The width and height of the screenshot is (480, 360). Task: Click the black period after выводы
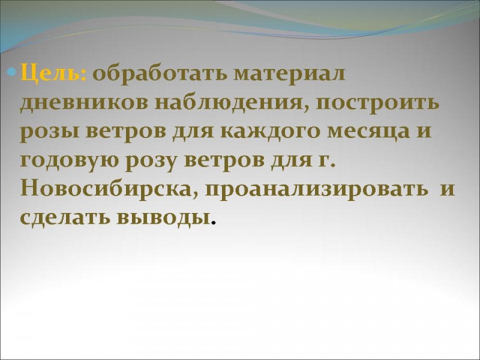coord(214,223)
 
